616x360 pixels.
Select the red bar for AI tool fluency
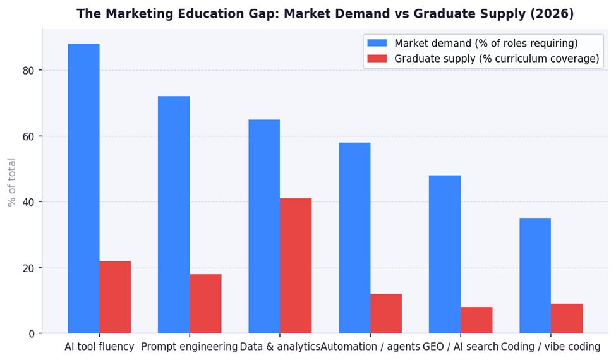115,297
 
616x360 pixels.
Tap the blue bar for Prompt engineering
174,215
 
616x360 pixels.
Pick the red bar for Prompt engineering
205,304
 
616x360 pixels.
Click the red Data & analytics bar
296,266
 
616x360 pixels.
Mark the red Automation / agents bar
386,313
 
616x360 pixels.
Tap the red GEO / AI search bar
476,320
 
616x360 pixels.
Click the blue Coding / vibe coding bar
535,275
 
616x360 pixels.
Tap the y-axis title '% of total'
11,182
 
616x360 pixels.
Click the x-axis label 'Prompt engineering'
190,347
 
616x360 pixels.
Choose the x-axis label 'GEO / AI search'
461,347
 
